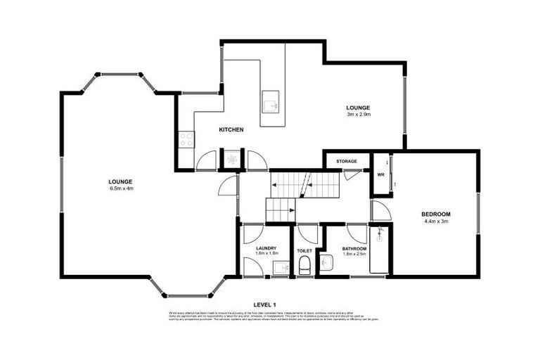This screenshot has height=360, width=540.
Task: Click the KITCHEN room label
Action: pos(231,130)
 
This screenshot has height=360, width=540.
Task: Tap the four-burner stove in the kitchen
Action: pos(186,139)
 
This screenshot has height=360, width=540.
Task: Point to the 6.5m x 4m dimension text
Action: pos(121,188)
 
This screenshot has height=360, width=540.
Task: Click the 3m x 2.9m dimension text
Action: pos(359,114)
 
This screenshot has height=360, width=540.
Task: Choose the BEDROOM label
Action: pos(435,214)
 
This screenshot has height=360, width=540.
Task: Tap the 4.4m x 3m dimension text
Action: pos(435,221)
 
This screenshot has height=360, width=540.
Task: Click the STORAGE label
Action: pos(347,161)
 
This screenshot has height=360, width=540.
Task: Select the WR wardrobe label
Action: pos(380,174)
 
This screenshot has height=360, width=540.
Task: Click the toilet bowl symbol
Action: pos(305,265)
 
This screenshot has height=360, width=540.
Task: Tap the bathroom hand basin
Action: pos(325,263)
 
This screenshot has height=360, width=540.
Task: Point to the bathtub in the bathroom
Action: pos(378,251)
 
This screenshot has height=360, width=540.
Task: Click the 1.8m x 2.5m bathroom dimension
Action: pos(354,255)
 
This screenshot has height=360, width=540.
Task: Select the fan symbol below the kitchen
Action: pos(231,160)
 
